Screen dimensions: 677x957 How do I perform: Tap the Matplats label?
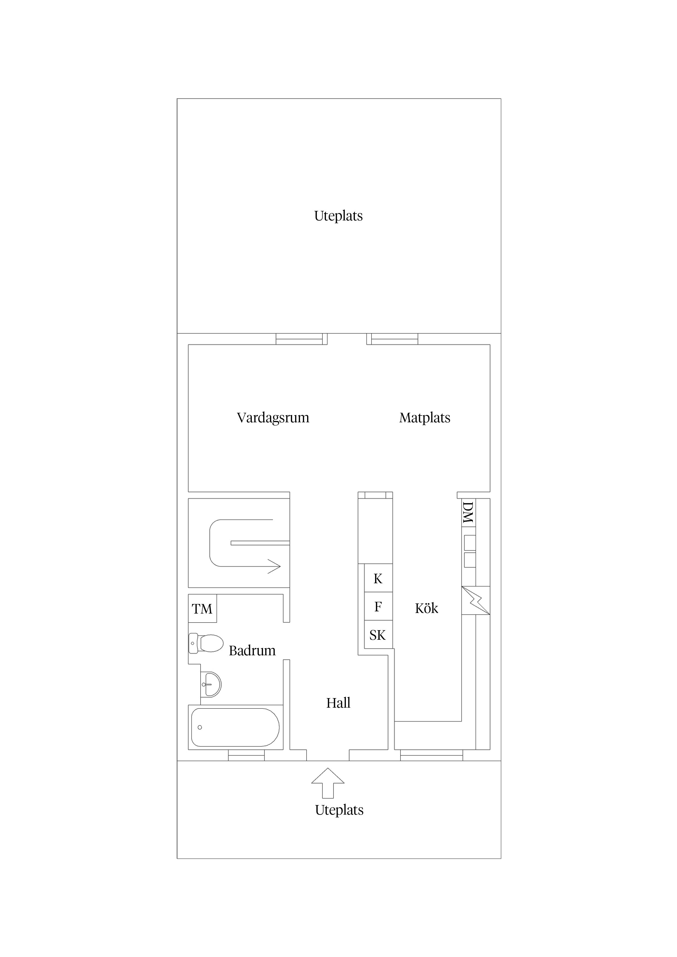(425, 418)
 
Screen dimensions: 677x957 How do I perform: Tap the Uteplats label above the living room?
(338, 216)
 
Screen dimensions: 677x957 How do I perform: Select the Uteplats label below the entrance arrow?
(339, 810)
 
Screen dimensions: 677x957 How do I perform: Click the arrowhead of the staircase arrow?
(274, 566)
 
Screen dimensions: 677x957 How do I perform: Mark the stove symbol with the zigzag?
(476, 601)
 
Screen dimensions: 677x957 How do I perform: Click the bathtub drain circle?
(200, 727)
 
